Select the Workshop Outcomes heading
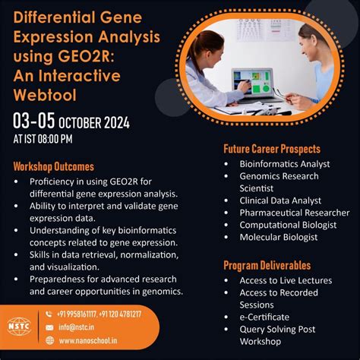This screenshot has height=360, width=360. click(x=53, y=166)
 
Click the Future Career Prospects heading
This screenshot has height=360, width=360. click(x=271, y=149)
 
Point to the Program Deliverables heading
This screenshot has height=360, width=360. click(x=267, y=265)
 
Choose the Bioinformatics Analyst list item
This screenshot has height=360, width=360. click(x=285, y=163)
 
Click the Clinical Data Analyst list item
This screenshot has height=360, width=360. click(x=279, y=201)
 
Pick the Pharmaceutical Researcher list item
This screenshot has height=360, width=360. click(x=294, y=213)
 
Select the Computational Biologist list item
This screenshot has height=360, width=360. click(x=288, y=225)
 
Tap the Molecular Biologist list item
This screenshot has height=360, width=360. click(x=279, y=237)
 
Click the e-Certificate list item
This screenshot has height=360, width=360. click(x=265, y=317)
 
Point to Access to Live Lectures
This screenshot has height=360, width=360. click(x=286, y=280)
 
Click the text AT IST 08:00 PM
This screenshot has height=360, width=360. click(x=43, y=139)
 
